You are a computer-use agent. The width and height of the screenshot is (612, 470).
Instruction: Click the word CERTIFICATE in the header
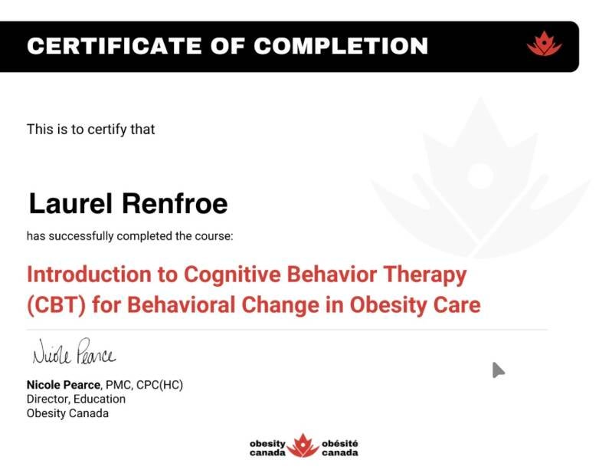(x=114, y=46)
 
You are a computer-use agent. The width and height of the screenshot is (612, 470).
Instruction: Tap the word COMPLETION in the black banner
(x=341, y=46)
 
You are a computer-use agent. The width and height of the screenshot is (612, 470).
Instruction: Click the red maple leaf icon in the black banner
(x=544, y=44)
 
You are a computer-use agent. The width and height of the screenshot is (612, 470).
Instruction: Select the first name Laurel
(x=70, y=203)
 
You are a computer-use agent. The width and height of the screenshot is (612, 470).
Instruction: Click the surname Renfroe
(x=175, y=203)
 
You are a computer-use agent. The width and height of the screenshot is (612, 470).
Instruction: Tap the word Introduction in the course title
(x=89, y=274)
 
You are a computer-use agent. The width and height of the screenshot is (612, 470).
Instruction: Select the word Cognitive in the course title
(x=232, y=274)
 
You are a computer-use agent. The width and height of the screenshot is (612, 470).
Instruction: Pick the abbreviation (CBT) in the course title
(x=56, y=305)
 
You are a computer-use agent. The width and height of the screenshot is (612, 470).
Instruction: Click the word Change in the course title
(x=280, y=305)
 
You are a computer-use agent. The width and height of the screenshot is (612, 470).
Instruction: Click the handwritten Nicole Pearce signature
(x=74, y=351)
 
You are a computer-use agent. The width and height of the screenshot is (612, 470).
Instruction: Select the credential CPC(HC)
(x=159, y=385)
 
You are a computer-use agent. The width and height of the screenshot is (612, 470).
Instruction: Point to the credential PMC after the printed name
(x=118, y=385)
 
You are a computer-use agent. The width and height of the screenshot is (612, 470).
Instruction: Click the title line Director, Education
(x=76, y=399)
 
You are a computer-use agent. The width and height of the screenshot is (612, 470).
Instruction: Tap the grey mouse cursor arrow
(x=497, y=370)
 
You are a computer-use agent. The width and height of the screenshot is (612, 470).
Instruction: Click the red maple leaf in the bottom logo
(x=303, y=445)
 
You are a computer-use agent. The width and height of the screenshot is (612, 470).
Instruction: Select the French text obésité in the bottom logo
(x=339, y=444)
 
